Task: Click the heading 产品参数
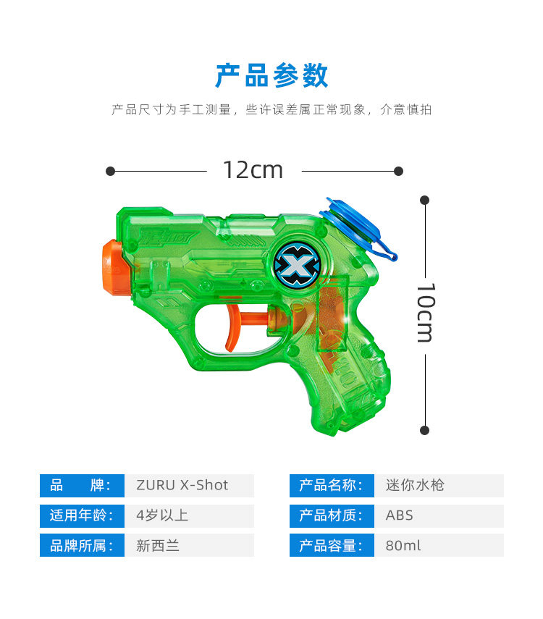point(271,76)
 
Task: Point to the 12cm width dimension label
point(253,170)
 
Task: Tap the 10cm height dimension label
point(425,312)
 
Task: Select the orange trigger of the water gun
point(233,327)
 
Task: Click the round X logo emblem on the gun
point(295,266)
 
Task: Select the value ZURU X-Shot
point(182,485)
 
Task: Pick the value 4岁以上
point(162,515)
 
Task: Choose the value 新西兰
point(157,546)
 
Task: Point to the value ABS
point(400,515)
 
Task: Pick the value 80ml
point(403,546)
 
